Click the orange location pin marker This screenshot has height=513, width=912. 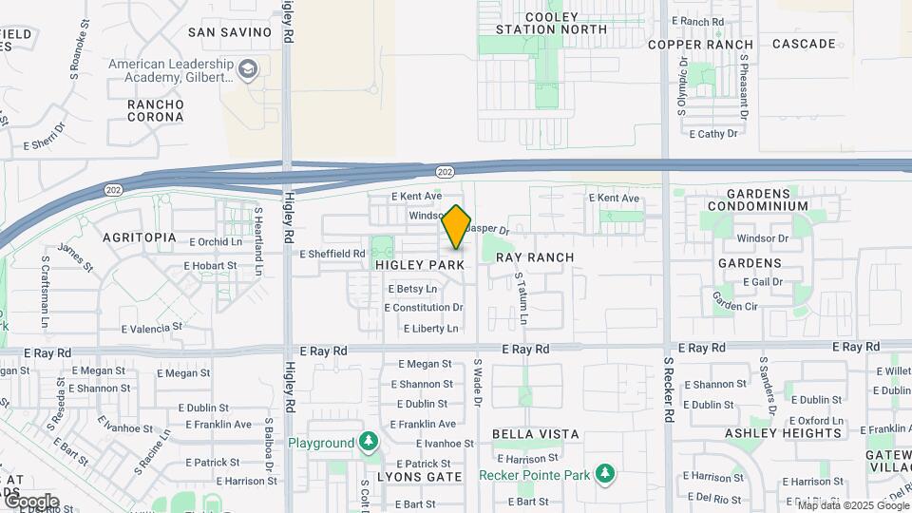pos(457,227)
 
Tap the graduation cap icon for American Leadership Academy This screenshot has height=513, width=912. pos(249,69)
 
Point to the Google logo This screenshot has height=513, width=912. pos(31,502)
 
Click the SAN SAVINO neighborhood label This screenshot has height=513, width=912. pos(230,32)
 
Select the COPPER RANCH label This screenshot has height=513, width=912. pos(701,45)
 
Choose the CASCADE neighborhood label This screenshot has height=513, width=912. pos(804,44)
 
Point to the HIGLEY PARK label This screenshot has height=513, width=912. pos(419,265)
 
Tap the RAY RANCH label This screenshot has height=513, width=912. pos(535,257)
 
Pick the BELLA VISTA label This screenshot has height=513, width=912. pos(535,434)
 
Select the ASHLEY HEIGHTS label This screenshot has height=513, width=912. pos(783,433)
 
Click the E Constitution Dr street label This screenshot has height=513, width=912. pos(424,308)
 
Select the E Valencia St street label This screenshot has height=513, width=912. pos(151,328)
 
